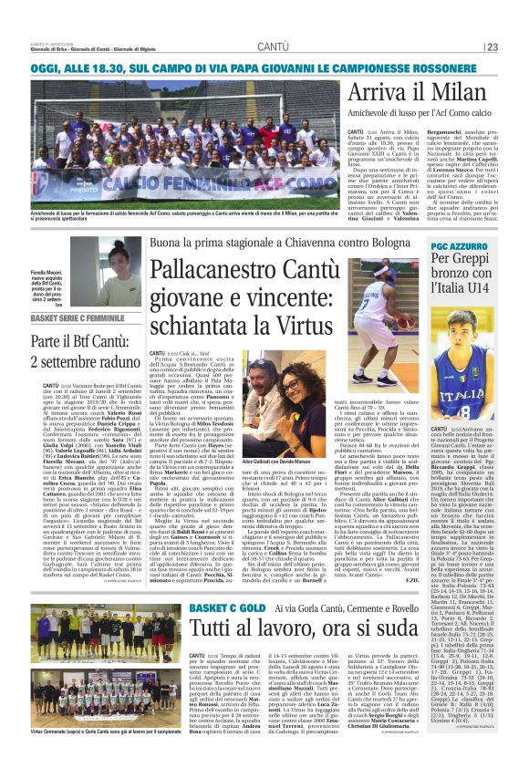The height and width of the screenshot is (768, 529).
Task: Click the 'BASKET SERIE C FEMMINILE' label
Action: (x=56, y=317)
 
